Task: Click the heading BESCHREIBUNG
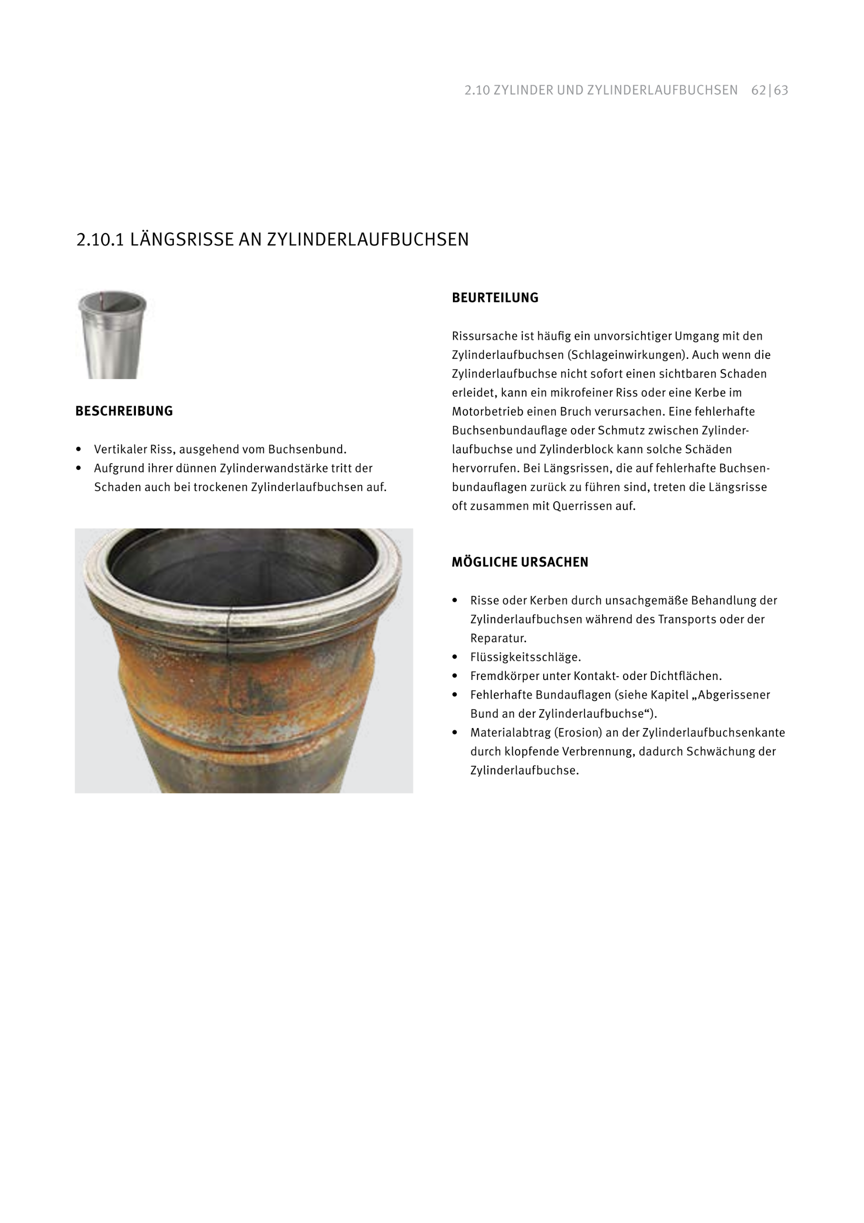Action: pos(124,411)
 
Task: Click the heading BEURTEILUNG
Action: pos(495,298)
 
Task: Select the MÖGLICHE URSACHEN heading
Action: pos(519,562)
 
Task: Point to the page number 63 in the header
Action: pos(781,90)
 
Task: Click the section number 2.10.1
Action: pos(100,240)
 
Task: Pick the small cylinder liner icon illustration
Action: pos(112,334)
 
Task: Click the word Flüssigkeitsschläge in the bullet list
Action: pos(526,657)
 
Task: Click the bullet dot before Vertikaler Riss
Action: pos(79,449)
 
